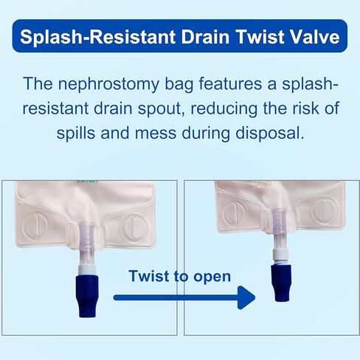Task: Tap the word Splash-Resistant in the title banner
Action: (97, 37)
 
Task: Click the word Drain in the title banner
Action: (205, 37)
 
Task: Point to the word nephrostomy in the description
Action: (108, 84)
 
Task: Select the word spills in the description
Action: (76, 133)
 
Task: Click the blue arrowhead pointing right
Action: (246, 297)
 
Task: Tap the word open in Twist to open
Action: (212, 277)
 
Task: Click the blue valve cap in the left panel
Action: (87, 296)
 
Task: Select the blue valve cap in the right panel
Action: (281, 283)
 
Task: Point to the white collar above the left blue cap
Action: (88, 270)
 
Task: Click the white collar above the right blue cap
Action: (280, 255)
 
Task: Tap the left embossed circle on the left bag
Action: (35, 226)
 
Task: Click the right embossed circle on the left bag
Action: (135, 228)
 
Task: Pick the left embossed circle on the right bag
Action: (234, 211)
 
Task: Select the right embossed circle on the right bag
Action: (325, 210)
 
